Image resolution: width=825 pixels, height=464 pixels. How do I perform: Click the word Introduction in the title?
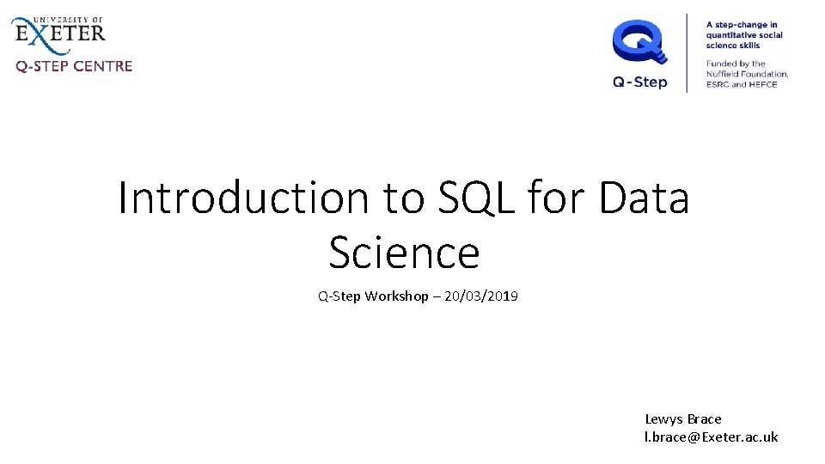(243, 198)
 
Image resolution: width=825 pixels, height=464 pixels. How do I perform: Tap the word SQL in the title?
(475, 198)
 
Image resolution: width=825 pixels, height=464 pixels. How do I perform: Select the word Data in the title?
(644, 198)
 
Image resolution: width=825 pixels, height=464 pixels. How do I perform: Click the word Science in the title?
(404, 253)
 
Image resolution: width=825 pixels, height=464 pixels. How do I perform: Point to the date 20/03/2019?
(481, 296)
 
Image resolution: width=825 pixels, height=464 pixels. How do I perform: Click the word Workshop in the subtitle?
(397, 296)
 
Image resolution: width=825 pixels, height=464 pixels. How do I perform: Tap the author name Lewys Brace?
(683, 419)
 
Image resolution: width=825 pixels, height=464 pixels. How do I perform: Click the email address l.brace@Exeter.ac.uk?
(711, 437)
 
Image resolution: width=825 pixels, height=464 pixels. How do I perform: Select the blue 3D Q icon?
(639, 41)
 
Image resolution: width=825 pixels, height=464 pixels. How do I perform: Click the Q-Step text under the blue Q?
(639, 82)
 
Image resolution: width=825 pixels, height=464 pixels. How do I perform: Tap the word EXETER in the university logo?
(60, 34)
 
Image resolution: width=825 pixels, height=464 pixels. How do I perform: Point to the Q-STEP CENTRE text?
(74, 66)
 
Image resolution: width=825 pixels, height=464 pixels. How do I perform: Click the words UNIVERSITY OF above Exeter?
(68, 20)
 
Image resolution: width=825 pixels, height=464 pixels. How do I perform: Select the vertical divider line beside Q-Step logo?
(687, 53)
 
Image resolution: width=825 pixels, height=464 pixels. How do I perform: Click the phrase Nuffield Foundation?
(747, 74)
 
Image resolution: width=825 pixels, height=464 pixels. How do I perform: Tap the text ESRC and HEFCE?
(742, 85)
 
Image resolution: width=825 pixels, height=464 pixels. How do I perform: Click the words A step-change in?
(742, 25)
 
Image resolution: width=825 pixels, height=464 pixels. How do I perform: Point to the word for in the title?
(556, 198)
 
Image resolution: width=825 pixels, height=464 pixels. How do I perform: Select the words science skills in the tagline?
(733, 46)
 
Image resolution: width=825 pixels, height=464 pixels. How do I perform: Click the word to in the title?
(404, 198)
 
